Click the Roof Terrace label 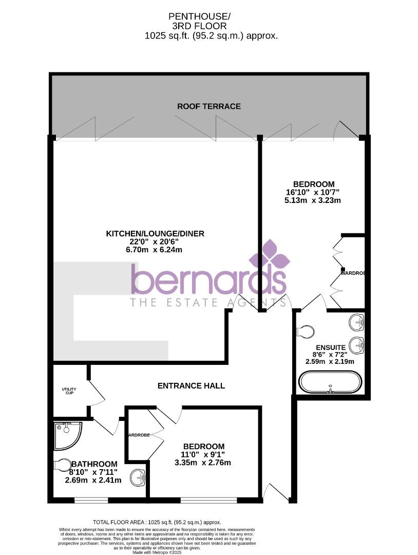(x=208, y=106)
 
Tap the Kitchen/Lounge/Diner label (x=155, y=234)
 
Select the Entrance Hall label (x=191, y=385)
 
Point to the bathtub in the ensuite (x=331, y=383)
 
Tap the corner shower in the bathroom (x=68, y=435)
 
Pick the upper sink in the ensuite (x=356, y=323)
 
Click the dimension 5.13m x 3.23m (x=313, y=200)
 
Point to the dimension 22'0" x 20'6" (x=155, y=242)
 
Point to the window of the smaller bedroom (x=208, y=499)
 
